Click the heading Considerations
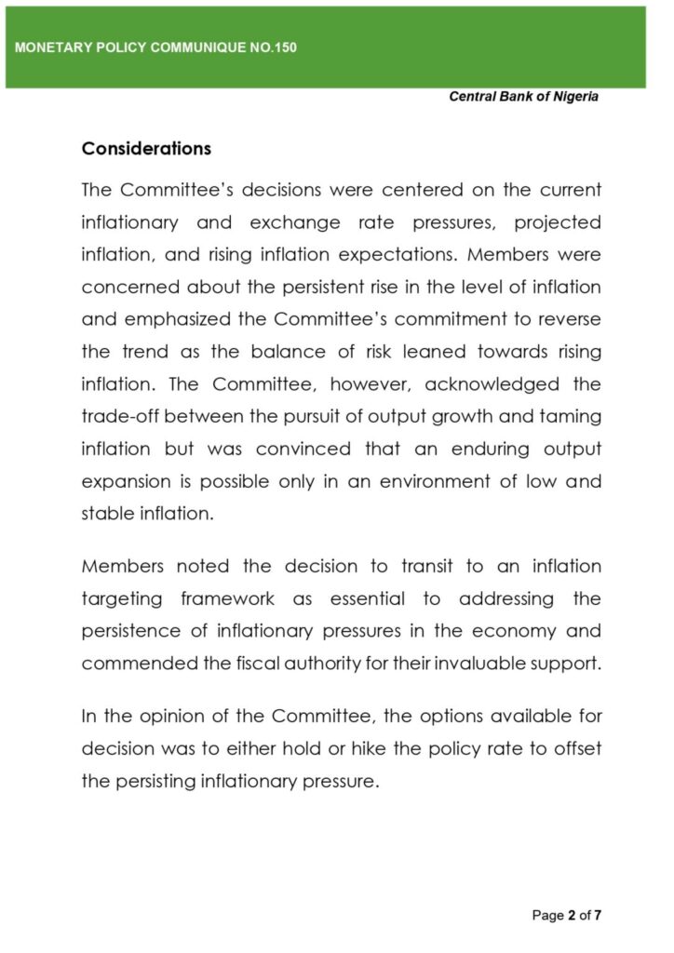(x=146, y=149)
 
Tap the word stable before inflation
(x=107, y=513)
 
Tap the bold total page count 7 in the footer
(x=599, y=916)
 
